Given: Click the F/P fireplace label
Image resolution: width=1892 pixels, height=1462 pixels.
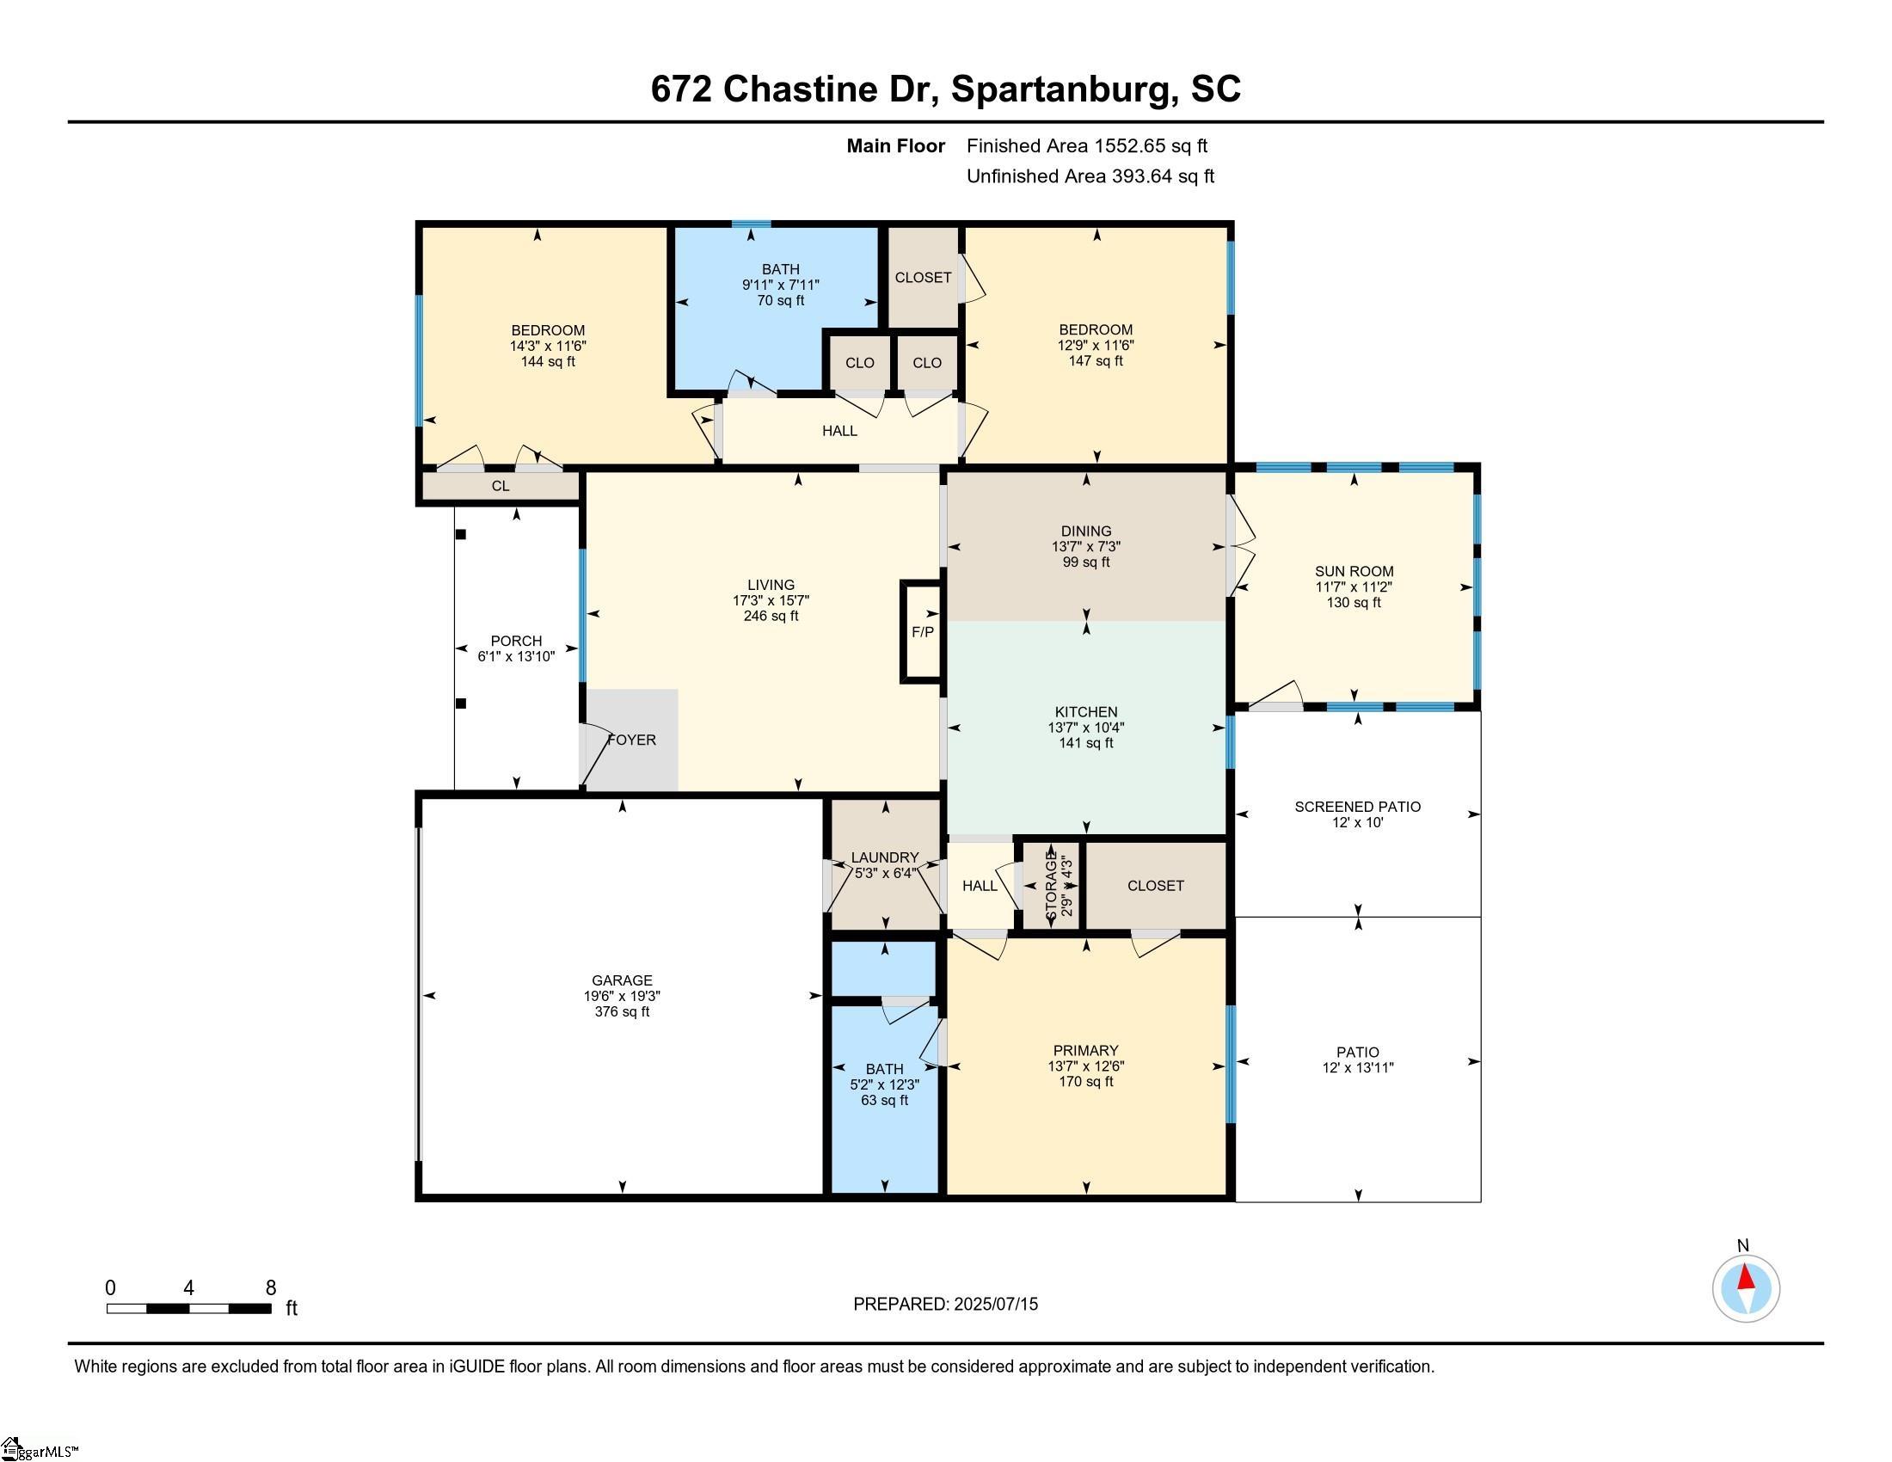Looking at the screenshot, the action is point(923,632).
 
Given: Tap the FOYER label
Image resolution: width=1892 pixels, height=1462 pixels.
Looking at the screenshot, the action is point(631,740).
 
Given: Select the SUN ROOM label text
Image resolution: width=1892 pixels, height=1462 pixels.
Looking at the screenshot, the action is point(1354,571).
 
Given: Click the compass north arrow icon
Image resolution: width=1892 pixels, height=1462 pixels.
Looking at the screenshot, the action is point(1746,1288).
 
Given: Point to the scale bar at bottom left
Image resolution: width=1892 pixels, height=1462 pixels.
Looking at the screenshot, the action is point(189,1308).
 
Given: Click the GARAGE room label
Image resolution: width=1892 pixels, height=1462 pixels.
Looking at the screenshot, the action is point(622,980).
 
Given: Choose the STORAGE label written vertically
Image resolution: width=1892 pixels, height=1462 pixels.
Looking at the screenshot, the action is point(1052,885).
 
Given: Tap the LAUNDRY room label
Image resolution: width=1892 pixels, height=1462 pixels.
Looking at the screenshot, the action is point(884,857).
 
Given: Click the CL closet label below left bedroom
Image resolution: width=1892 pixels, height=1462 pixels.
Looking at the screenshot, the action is point(501,486).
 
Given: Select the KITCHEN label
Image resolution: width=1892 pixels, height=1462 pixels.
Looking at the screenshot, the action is point(1086,712).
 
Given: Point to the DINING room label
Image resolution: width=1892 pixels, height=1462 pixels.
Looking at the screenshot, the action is point(1086,531).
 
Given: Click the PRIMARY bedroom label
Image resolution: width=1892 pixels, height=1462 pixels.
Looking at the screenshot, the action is point(1086,1051).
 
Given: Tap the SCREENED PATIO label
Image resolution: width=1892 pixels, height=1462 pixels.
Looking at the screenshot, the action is point(1357,807).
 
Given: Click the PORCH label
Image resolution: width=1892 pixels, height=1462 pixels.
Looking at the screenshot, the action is point(516,641).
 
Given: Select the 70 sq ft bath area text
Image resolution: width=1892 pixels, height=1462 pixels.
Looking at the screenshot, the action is point(781,300).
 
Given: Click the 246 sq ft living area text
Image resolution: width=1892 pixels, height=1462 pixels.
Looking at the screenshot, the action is point(771,616).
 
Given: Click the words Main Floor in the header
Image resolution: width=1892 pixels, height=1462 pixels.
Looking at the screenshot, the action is point(896,145).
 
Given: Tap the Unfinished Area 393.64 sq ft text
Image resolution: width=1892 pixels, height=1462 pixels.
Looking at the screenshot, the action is point(1090,175).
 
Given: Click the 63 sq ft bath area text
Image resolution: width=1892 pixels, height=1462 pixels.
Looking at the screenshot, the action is point(884,1100).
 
